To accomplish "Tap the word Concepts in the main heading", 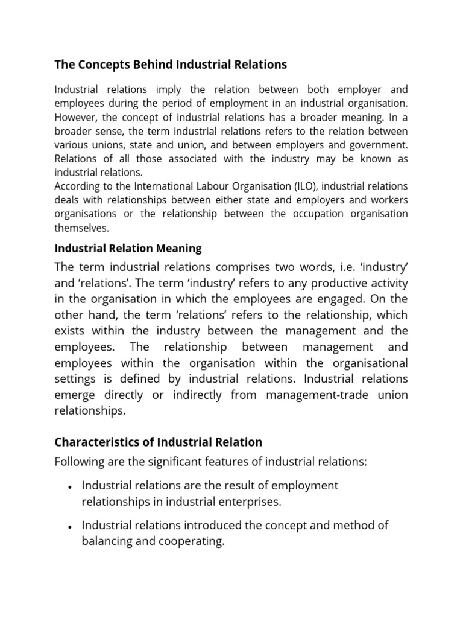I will pos(98,64).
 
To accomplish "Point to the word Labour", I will pos(225,186).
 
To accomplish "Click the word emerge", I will pos(74,395).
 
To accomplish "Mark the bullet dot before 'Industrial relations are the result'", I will pos(71,486).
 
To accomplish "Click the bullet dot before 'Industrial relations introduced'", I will pos(71,526).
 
